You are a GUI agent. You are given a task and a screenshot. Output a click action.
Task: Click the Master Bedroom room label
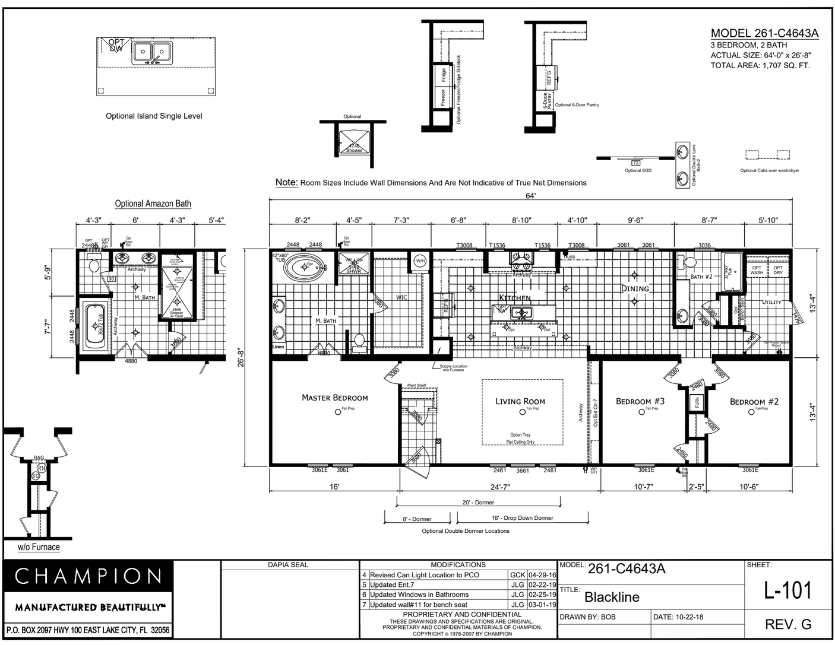coord(334,398)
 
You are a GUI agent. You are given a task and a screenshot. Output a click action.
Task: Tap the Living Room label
coord(520,401)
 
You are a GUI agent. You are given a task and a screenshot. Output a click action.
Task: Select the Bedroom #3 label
coord(640,401)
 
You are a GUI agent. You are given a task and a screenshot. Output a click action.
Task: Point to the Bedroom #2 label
coord(754,402)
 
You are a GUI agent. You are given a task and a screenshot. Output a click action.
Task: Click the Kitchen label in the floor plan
coord(514,297)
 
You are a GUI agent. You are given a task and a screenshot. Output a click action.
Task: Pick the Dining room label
coord(635,288)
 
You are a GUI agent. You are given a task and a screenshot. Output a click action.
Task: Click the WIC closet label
coord(401,297)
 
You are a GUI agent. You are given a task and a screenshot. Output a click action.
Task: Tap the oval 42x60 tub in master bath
coord(305,266)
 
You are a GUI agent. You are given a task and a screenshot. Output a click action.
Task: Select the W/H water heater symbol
coord(420,260)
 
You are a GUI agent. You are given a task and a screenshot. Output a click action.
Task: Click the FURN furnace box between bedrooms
coord(696,402)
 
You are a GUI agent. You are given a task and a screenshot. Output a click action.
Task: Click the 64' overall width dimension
coord(530,195)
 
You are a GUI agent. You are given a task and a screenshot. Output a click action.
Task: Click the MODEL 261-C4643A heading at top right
coord(764,33)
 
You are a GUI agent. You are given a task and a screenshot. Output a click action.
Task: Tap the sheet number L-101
coord(787,590)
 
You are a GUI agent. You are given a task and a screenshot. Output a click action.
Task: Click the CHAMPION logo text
coord(88,576)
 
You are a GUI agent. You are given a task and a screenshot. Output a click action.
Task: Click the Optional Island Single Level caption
coord(154,116)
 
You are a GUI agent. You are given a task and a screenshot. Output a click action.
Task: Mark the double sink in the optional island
coord(150,52)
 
